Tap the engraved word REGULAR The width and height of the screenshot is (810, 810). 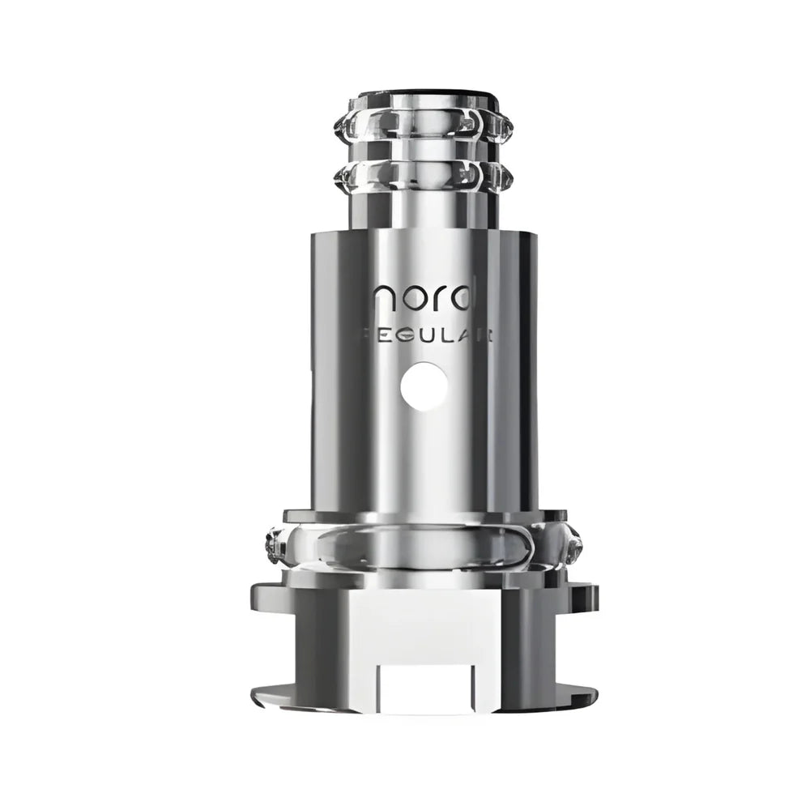pyautogui.click(x=425, y=335)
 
